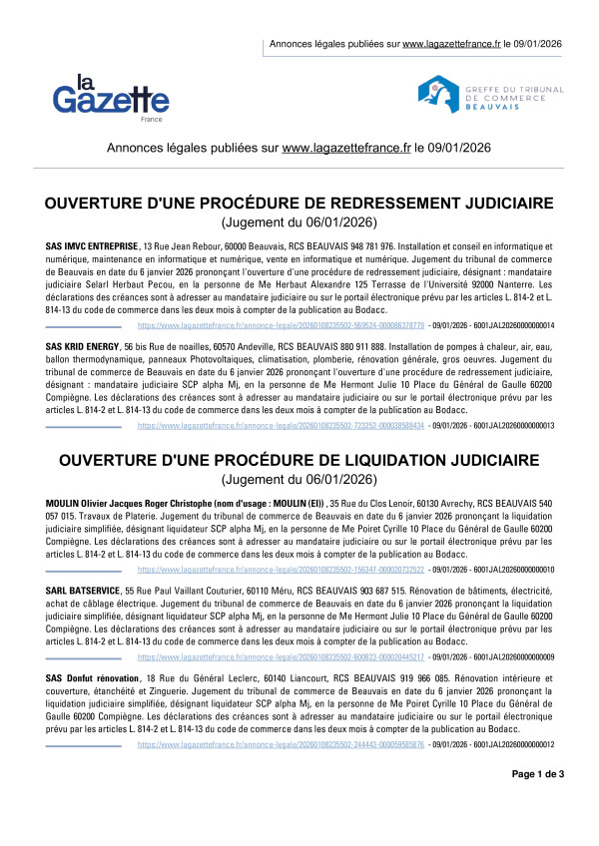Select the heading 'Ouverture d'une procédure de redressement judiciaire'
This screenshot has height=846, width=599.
click(299, 204)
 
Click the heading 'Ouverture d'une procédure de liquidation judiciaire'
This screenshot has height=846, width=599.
click(299, 460)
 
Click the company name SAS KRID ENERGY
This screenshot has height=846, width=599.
click(83, 344)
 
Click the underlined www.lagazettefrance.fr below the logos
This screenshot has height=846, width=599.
click(346, 148)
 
